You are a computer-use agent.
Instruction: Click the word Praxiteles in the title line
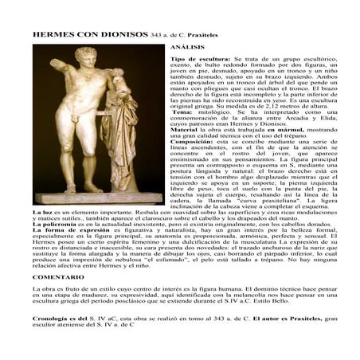(x=203, y=37)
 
